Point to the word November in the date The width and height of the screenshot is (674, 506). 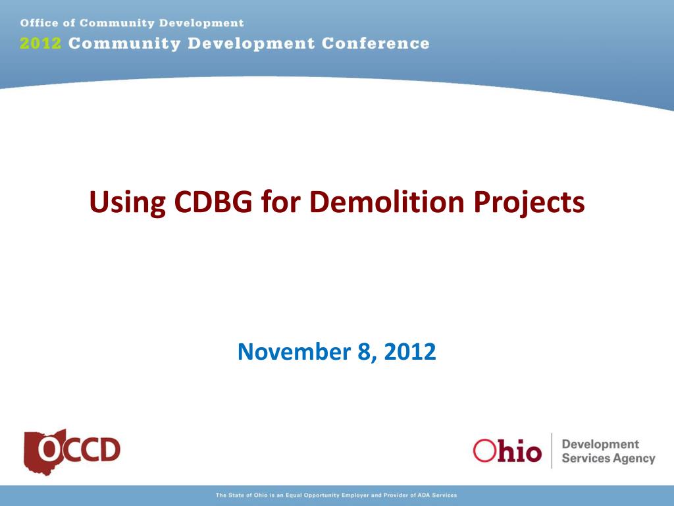tap(289, 352)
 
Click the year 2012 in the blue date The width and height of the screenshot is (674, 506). tap(409, 352)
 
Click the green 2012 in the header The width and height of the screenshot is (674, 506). tap(41, 44)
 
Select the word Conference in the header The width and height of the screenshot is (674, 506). tap(375, 44)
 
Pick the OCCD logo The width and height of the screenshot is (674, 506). tap(72, 451)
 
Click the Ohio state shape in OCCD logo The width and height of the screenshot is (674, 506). tap(39, 451)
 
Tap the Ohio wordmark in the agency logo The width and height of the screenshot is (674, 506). tap(507, 451)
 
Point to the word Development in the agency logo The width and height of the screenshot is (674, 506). tap(600, 445)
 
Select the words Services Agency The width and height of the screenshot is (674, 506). tap(608, 459)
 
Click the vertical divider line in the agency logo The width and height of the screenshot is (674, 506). tap(552, 451)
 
